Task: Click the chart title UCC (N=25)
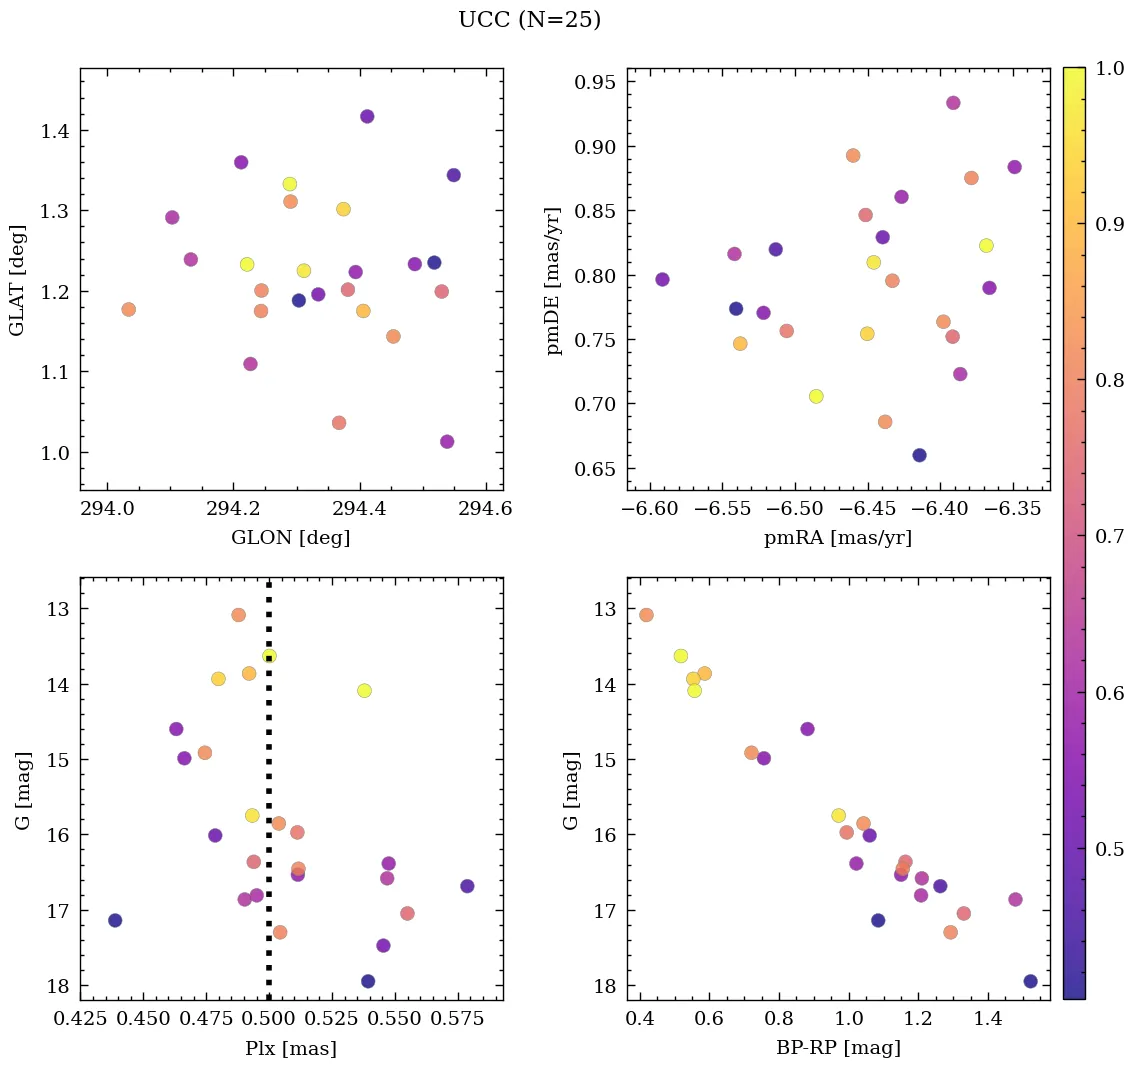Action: (529, 20)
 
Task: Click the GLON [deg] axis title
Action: (291, 538)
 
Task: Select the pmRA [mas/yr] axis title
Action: (838, 538)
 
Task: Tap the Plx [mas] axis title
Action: (291, 1048)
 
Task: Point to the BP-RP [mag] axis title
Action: (838, 1048)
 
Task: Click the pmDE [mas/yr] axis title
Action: (554, 280)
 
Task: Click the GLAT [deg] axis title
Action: (17, 280)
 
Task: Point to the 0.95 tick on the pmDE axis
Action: (594, 82)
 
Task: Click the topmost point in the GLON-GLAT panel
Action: (367, 117)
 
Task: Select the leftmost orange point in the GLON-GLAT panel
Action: (128, 310)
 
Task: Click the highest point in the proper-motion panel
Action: (953, 103)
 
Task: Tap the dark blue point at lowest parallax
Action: (115, 920)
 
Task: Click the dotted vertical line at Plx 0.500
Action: (268, 800)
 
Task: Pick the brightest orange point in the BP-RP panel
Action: (646, 615)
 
